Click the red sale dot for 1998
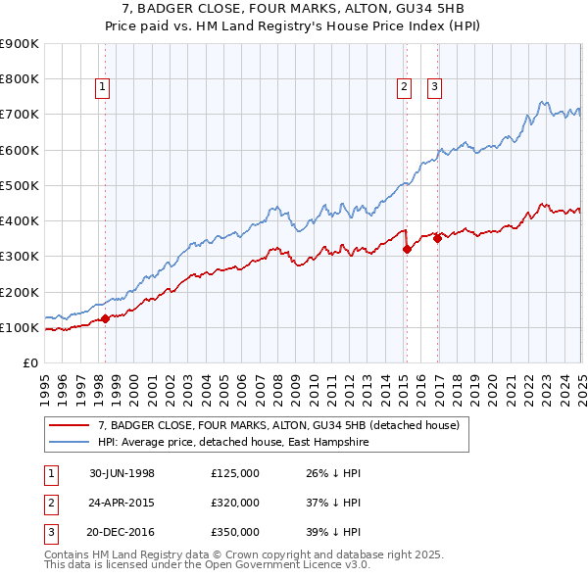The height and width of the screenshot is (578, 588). (x=105, y=318)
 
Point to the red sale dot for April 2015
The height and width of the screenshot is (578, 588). (x=407, y=249)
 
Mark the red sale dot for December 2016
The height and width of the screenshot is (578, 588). (x=437, y=238)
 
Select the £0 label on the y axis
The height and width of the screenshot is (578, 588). (x=29, y=363)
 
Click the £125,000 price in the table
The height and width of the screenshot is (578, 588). (x=235, y=473)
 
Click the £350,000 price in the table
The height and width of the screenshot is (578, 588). (x=235, y=534)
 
